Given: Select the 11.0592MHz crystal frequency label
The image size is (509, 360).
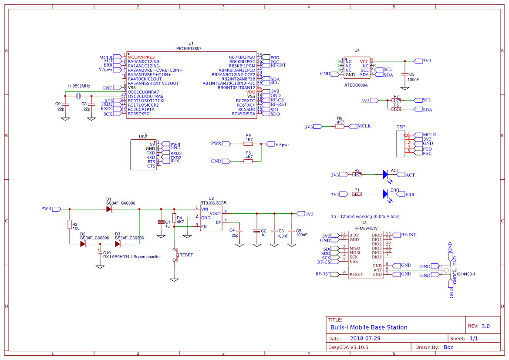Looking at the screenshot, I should (x=78, y=86).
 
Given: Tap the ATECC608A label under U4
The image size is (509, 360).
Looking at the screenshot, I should (x=356, y=85).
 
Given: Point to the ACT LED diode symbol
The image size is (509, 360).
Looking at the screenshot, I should (x=385, y=175).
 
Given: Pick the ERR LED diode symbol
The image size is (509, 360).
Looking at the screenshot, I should (x=385, y=194).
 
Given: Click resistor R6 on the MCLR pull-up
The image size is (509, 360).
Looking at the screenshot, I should (x=340, y=126).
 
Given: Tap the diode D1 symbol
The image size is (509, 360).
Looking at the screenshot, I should (x=109, y=209).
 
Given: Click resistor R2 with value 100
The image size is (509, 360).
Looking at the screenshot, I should (x=70, y=224).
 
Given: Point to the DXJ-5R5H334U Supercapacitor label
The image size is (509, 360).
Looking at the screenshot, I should (x=132, y=257).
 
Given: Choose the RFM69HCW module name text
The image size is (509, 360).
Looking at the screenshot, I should (x=366, y=227).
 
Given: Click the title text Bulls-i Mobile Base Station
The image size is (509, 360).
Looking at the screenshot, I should (x=369, y=327).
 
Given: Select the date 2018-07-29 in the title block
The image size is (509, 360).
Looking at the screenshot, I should (x=365, y=338).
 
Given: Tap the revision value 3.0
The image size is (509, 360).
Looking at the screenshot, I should (x=485, y=326).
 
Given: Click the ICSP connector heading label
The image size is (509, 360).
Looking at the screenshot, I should (x=400, y=127).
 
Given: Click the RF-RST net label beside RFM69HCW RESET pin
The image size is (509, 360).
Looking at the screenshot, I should (x=323, y=274).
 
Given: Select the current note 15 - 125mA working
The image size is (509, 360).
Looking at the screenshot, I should (x=365, y=216).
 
